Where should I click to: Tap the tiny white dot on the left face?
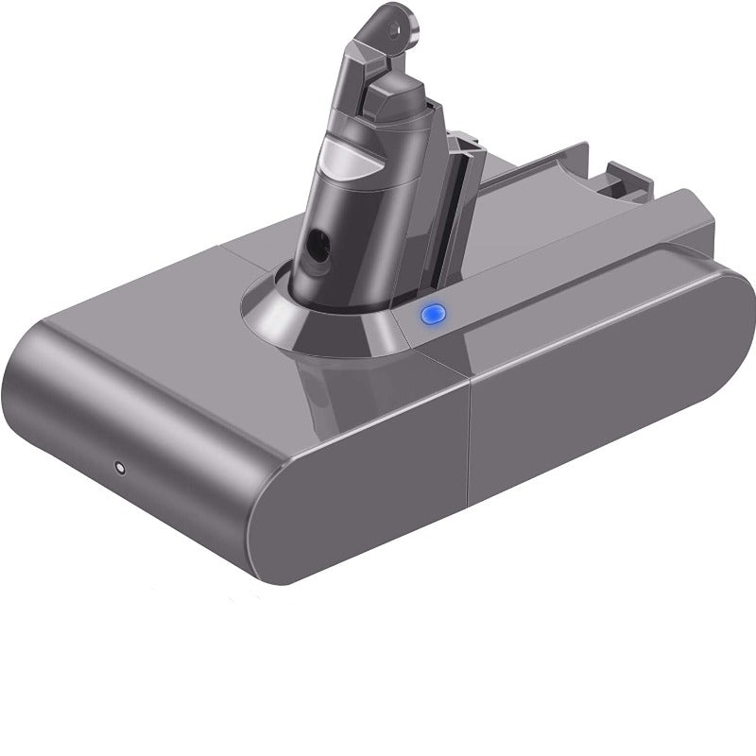click(x=119, y=467)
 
